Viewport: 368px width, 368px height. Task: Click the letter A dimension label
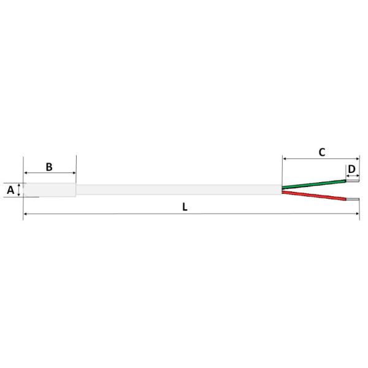click(10, 190)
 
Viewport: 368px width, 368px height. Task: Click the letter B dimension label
click(49, 167)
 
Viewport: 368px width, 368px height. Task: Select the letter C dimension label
click(322, 152)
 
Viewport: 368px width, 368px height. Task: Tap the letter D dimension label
click(351, 169)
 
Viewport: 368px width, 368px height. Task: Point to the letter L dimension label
click(185, 207)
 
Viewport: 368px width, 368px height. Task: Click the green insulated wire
click(314, 184)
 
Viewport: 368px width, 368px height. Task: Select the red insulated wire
click(314, 196)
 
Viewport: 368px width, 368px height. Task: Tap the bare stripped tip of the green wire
click(353, 181)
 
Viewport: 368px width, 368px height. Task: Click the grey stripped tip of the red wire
click(353, 199)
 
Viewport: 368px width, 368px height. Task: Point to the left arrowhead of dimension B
click(26, 173)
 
